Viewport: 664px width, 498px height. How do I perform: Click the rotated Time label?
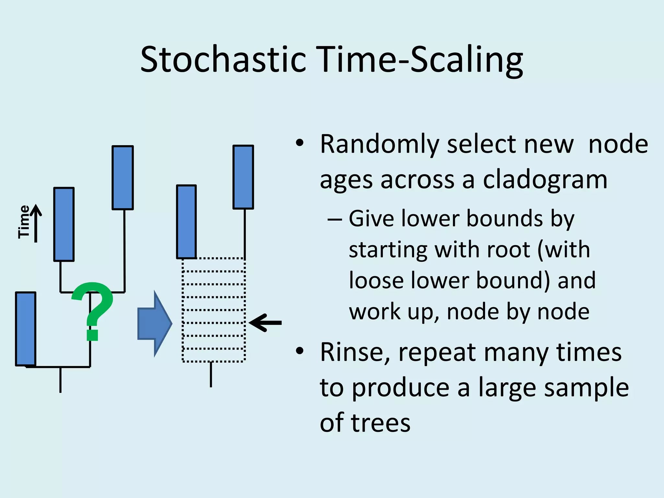(x=24, y=222)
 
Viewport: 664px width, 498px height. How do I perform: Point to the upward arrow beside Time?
(x=36, y=224)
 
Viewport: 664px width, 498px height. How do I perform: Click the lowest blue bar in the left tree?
(x=26, y=329)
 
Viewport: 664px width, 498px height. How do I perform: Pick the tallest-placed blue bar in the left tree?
(x=123, y=178)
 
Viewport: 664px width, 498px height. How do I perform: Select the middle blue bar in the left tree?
(x=64, y=224)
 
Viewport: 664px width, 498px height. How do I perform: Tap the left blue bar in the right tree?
(x=186, y=222)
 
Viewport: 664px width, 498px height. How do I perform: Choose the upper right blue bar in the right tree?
(x=243, y=177)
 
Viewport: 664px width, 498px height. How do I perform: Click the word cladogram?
(x=545, y=180)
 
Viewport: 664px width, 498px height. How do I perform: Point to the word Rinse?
(x=355, y=352)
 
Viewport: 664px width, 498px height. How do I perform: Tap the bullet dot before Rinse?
(x=300, y=350)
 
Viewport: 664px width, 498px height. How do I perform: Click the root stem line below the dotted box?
(x=211, y=374)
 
